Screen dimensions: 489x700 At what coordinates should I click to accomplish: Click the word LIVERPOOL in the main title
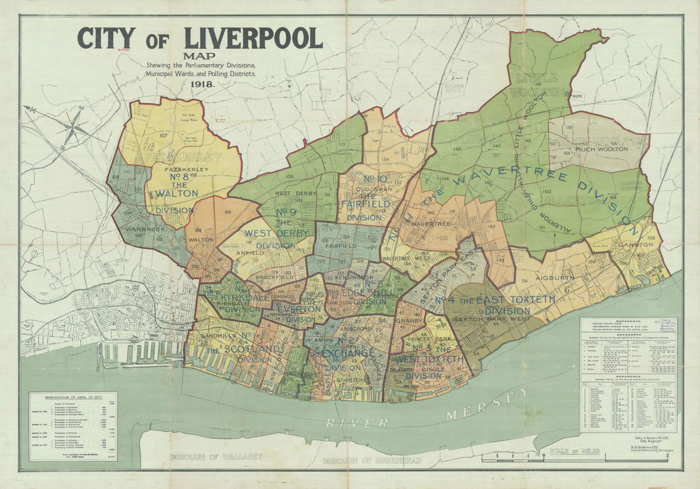coord(253,38)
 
